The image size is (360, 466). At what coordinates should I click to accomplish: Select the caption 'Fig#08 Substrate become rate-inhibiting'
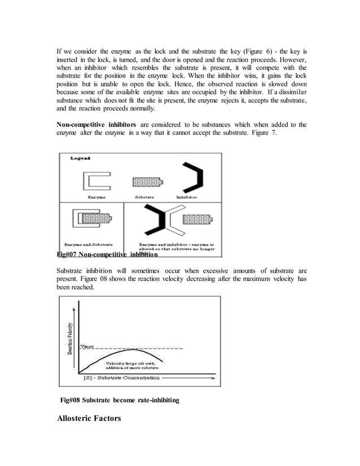click(x=120, y=400)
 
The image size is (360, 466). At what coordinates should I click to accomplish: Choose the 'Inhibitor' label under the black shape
click(x=186, y=197)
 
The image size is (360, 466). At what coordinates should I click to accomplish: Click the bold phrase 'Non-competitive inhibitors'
click(x=95, y=124)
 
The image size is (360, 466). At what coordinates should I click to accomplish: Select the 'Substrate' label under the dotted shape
click(x=146, y=197)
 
